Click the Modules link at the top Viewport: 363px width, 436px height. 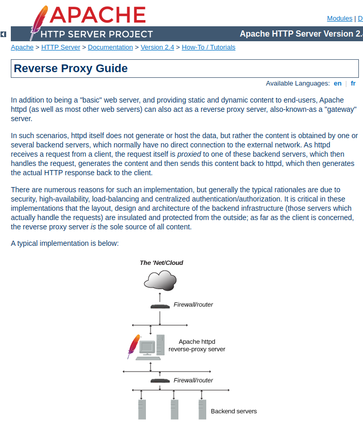pos(339,19)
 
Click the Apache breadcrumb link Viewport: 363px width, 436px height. pos(22,47)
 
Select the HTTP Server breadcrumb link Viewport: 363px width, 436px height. pos(60,47)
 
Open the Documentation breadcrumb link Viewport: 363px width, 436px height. pos(110,47)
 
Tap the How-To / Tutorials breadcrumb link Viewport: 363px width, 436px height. pos(208,47)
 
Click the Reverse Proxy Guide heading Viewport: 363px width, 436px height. pos(71,69)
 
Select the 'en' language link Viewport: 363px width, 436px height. pos(337,83)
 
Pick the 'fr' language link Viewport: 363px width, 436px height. pos(353,83)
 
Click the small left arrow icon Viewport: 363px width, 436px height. pos(3,34)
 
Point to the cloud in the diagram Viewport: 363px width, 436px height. pos(160,280)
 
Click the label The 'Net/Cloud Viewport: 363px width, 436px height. pos(161,263)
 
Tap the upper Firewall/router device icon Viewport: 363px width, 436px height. pos(160,306)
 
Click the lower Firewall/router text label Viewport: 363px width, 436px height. pos(193,380)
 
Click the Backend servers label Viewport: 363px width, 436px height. pos(234,411)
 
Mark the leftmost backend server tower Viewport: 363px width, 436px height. pos(142,409)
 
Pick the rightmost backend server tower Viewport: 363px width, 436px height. pos(202,409)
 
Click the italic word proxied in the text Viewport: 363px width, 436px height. pos(189,155)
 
